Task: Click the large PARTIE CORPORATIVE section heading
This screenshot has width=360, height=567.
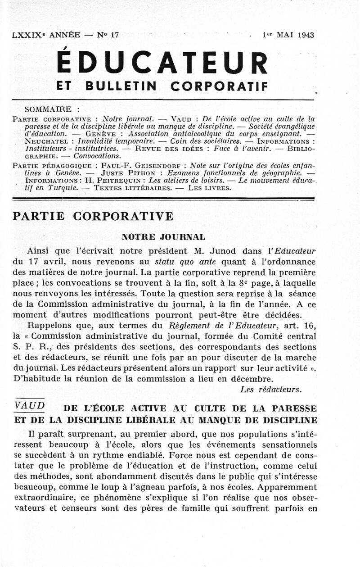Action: point(93,216)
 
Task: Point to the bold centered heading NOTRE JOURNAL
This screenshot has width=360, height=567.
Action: point(164,237)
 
